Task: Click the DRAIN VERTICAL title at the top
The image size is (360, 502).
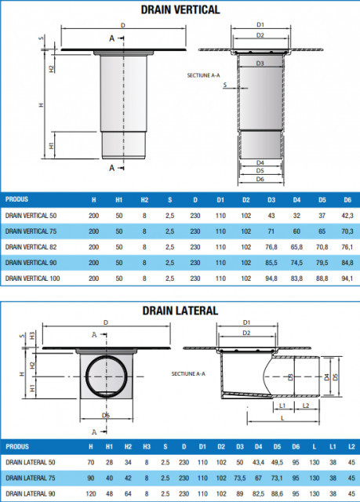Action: coord(180,10)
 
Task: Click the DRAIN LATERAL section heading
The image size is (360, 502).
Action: coord(180,311)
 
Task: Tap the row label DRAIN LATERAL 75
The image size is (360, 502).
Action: coord(30,477)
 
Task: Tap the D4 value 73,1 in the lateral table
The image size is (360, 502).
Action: coord(275,477)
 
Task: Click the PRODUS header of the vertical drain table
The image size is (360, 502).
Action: coord(17,198)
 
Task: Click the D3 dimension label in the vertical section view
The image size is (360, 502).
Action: coord(260,62)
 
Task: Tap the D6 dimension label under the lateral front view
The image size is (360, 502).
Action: coord(105,415)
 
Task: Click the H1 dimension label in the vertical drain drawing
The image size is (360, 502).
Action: coord(51,146)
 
